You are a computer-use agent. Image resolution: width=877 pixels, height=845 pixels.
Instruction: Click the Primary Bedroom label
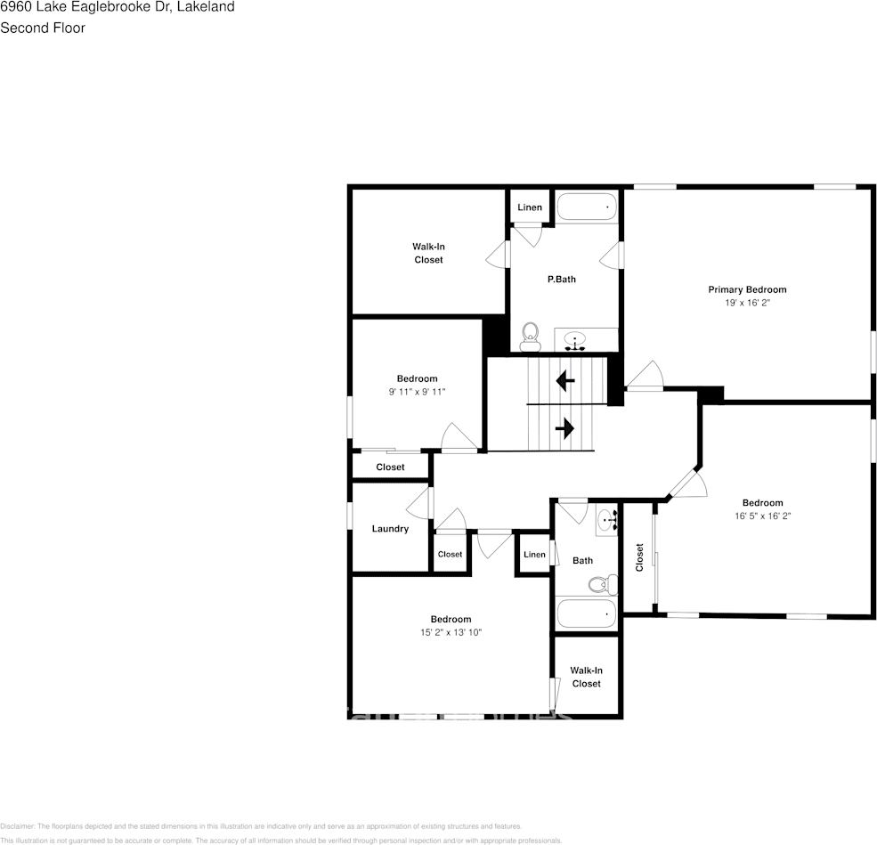(747, 289)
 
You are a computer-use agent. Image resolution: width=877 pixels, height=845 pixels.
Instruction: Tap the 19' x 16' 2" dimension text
(747, 303)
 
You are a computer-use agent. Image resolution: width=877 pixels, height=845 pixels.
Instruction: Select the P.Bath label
(561, 279)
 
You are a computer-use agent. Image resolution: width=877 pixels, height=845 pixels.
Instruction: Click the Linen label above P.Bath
(530, 207)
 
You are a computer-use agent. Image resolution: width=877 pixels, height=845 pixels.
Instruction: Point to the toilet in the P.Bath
(531, 336)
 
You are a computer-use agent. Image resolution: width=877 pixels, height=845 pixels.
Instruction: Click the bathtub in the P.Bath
(587, 207)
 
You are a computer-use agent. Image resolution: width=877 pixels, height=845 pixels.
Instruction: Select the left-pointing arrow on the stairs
(564, 381)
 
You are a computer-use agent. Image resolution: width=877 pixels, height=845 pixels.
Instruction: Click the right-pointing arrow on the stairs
(564, 429)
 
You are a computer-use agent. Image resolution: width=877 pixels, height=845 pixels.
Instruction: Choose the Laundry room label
(390, 529)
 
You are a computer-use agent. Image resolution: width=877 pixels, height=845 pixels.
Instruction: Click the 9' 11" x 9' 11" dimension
(417, 392)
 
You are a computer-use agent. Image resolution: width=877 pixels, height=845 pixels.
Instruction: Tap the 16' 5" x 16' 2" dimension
(763, 516)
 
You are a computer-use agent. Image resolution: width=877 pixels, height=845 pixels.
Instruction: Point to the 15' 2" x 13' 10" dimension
(451, 632)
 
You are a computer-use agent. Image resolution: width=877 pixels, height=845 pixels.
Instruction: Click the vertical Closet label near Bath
(639, 557)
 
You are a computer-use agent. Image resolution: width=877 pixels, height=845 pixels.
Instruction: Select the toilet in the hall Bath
(604, 584)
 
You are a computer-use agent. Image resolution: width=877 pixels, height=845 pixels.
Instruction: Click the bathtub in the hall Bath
(585, 613)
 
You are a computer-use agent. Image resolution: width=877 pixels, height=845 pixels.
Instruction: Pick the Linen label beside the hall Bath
(534, 555)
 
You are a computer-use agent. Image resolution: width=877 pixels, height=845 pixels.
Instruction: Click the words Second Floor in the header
(43, 28)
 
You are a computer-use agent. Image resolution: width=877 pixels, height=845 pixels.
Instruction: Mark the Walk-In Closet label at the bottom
(586, 677)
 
